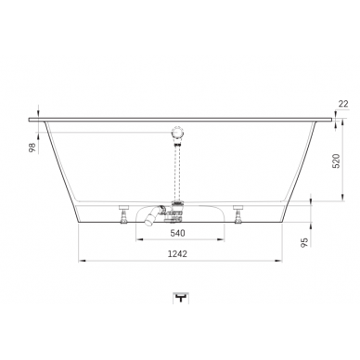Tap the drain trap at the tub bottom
(x=176, y=211)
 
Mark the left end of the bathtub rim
(x=32, y=119)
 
